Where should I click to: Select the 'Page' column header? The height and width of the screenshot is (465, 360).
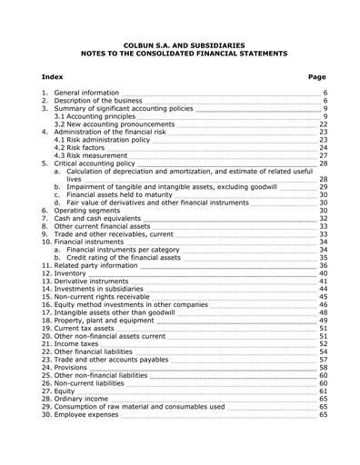[317, 77]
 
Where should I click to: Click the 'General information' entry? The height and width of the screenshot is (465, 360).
[86, 93]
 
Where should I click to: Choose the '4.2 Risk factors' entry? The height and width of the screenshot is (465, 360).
[85, 148]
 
